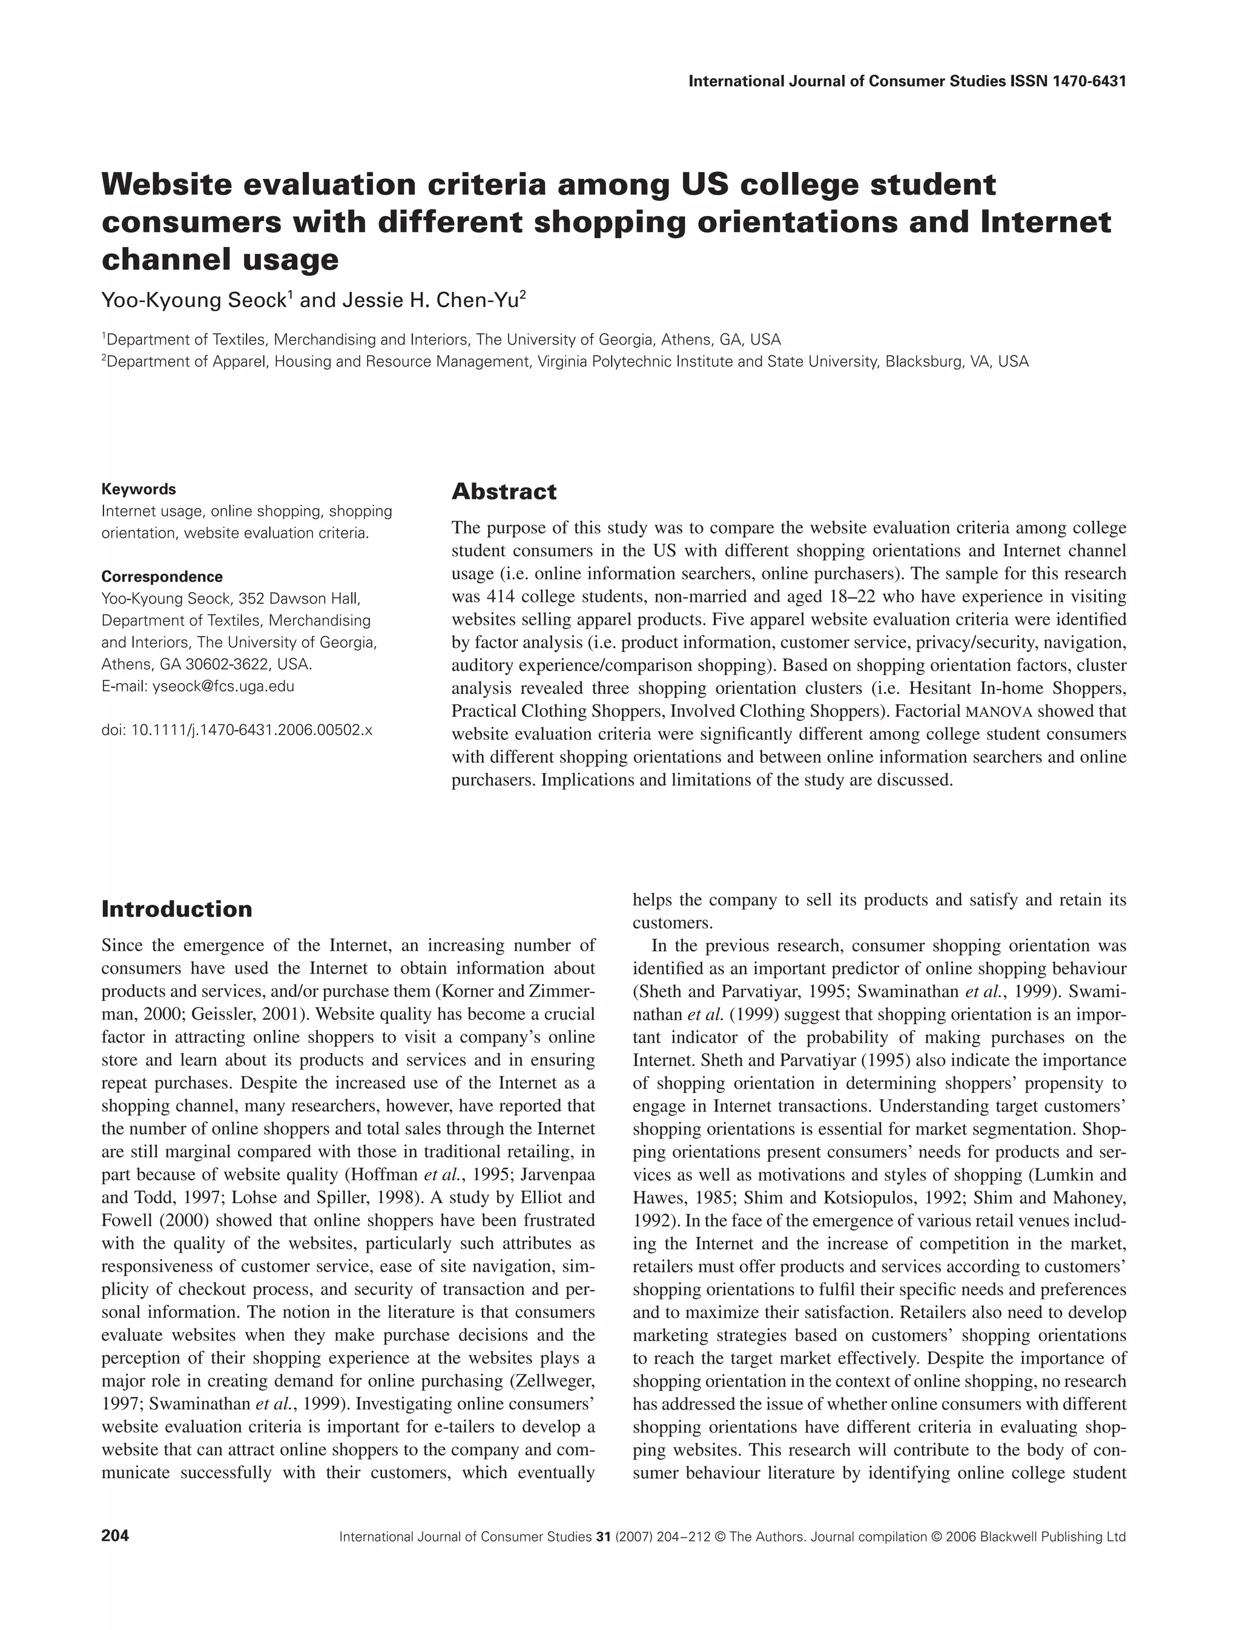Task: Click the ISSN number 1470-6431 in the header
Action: point(1078,81)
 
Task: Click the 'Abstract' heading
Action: point(504,492)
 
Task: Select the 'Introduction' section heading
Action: point(176,909)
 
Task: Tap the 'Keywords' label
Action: point(139,489)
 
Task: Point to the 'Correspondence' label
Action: point(162,576)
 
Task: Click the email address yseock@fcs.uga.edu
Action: point(223,687)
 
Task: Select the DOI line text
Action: point(237,730)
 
